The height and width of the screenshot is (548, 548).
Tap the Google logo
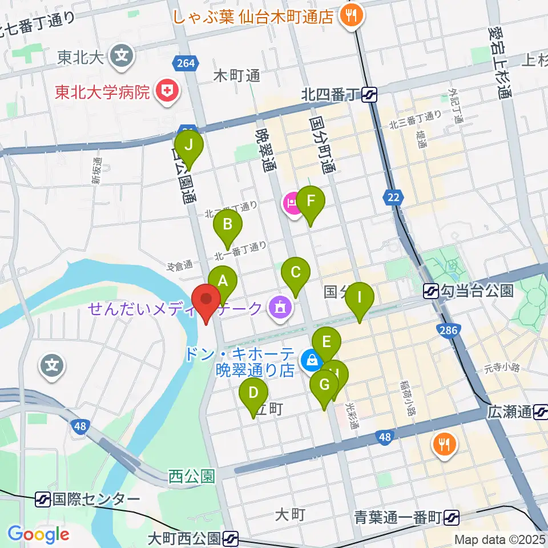coord(39,534)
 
